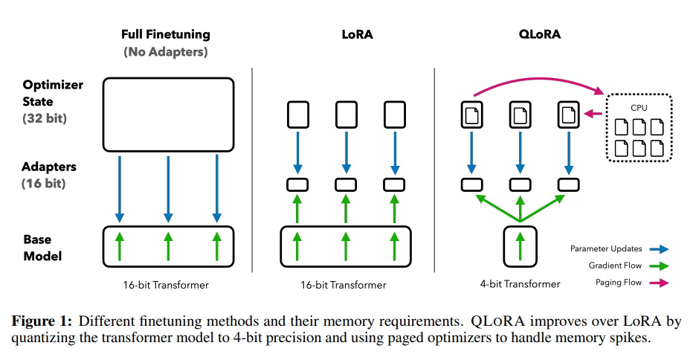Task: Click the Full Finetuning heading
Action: click(166, 34)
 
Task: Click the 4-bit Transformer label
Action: click(520, 283)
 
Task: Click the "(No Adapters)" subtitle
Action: click(166, 51)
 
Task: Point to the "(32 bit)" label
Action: click(45, 118)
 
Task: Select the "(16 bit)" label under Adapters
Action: click(45, 183)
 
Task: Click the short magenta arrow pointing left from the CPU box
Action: click(593, 115)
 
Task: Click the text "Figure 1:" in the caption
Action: click(42, 321)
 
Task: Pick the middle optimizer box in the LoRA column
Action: click(345, 115)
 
